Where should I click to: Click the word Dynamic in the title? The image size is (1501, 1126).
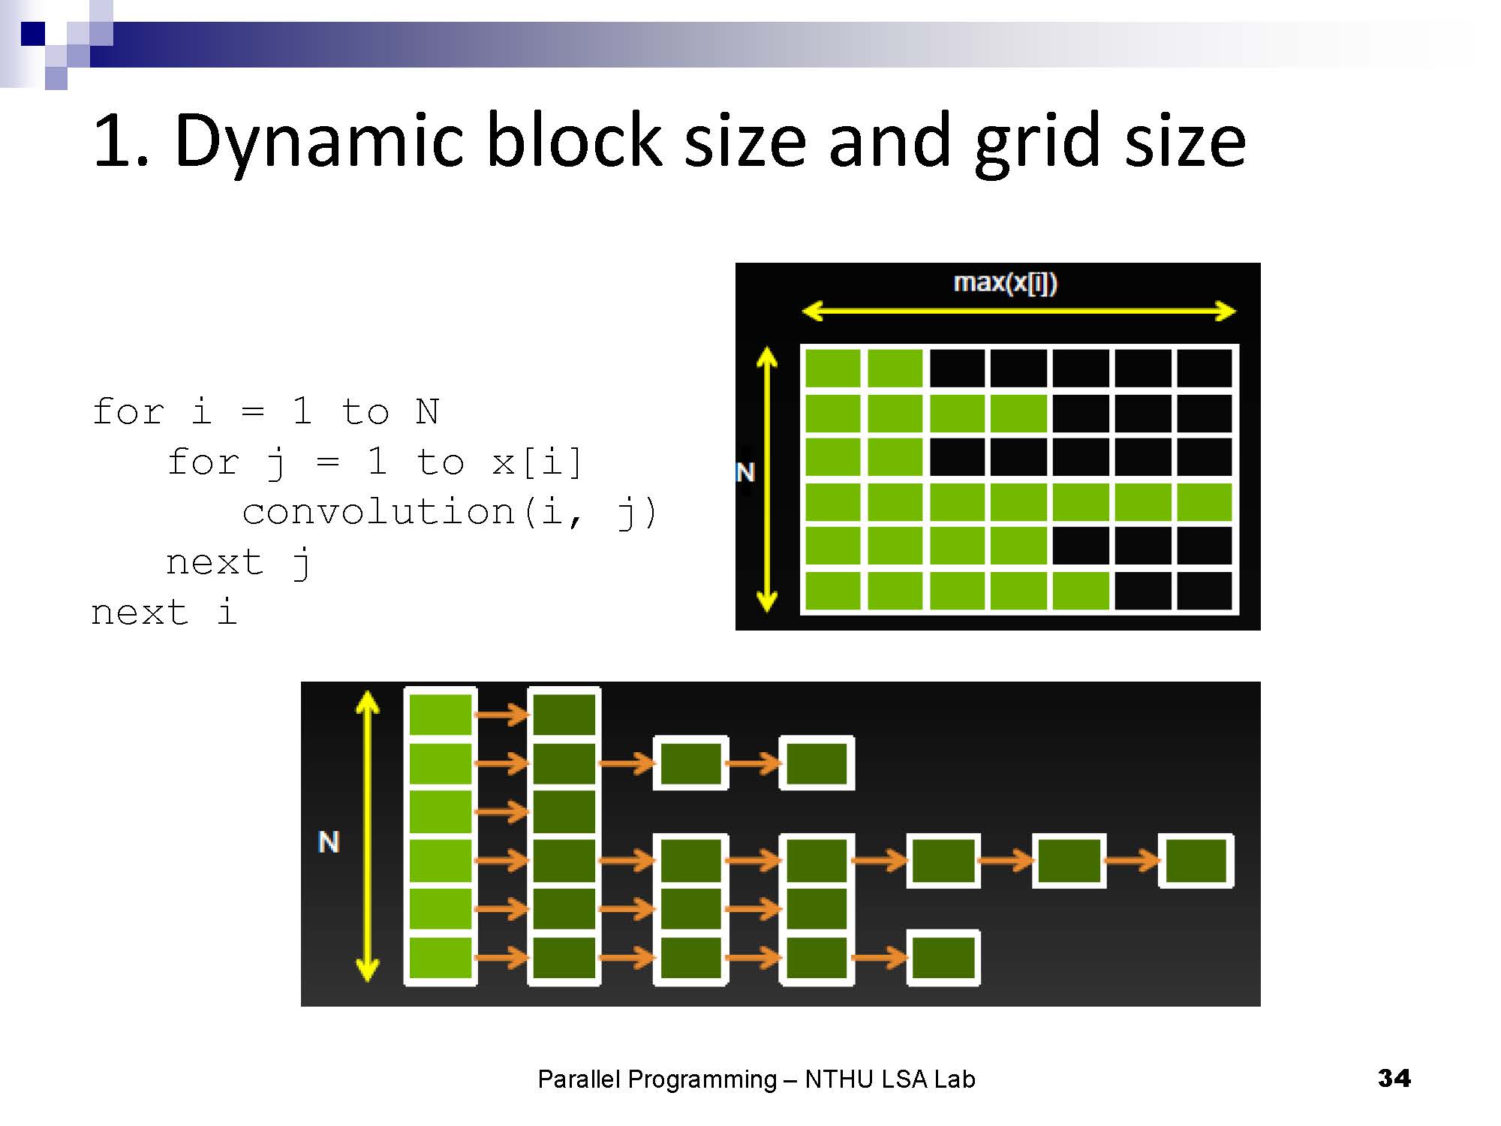click(318, 141)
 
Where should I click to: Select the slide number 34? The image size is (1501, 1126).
click(1394, 1078)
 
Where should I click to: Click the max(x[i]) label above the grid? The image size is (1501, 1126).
click(1005, 283)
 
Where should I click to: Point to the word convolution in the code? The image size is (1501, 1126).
click(378, 512)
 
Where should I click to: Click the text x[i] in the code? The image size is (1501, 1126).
click(537, 462)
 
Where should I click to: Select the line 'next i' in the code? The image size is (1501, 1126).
click(164, 612)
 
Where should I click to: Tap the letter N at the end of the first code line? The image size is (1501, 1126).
click(427, 411)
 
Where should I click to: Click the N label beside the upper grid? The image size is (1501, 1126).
click(745, 472)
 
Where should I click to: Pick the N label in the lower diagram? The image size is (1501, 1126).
click(329, 841)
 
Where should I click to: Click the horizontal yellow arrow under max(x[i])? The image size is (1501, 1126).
click(1018, 311)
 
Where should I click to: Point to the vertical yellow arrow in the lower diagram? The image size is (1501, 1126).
click(367, 836)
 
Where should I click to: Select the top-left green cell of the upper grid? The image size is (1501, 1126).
click(832, 369)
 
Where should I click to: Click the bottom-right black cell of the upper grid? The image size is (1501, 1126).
click(1205, 591)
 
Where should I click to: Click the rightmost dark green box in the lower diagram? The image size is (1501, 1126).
click(1196, 860)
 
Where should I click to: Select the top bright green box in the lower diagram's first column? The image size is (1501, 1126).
click(441, 714)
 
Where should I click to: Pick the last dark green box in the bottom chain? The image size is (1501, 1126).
click(943, 958)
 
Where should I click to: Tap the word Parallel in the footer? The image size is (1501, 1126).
click(579, 1079)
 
